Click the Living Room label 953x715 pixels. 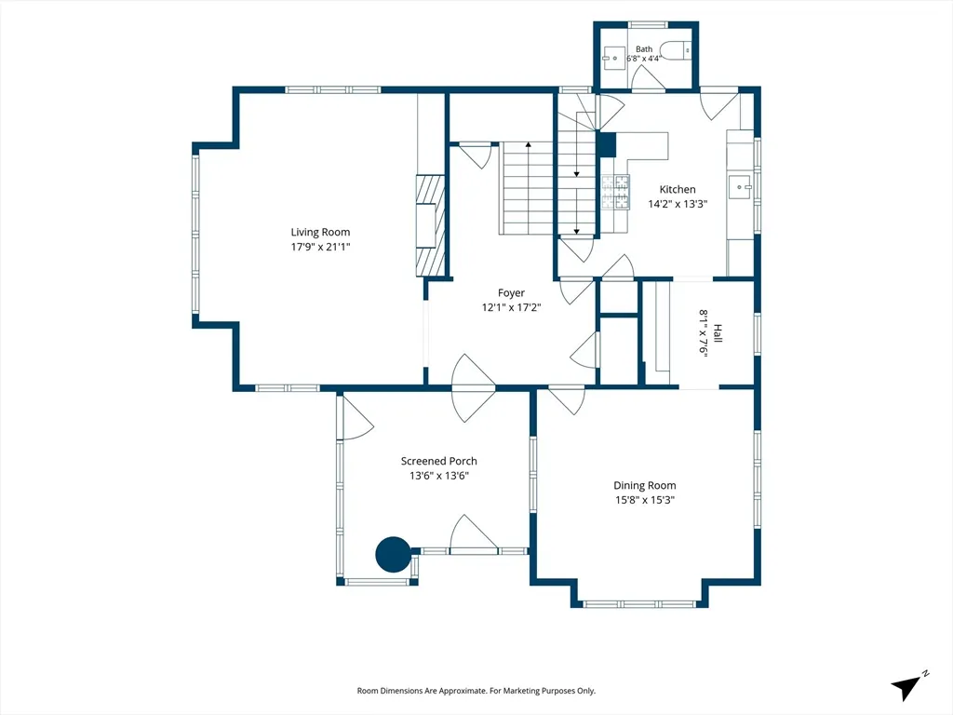(x=320, y=232)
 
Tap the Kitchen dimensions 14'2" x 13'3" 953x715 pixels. (x=678, y=204)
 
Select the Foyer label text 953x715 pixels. (x=511, y=293)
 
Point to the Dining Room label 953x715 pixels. (x=644, y=485)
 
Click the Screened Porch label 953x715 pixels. (x=439, y=461)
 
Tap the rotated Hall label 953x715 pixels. (x=718, y=333)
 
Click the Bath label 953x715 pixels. (x=644, y=49)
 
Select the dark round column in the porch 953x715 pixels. (x=394, y=554)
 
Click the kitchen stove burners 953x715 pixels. (x=616, y=192)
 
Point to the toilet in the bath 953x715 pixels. (x=676, y=50)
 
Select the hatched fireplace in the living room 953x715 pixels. (x=431, y=225)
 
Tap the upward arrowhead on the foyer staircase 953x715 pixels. (x=529, y=144)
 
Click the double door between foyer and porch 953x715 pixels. (x=474, y=387)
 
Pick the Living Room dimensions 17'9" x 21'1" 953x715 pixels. (x=320, y=247)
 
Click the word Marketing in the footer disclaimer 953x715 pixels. (x=529, y=691)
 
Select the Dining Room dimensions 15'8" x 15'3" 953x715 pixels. (x=644, y=500)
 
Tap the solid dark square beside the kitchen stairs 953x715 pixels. (x=607, y=145)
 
